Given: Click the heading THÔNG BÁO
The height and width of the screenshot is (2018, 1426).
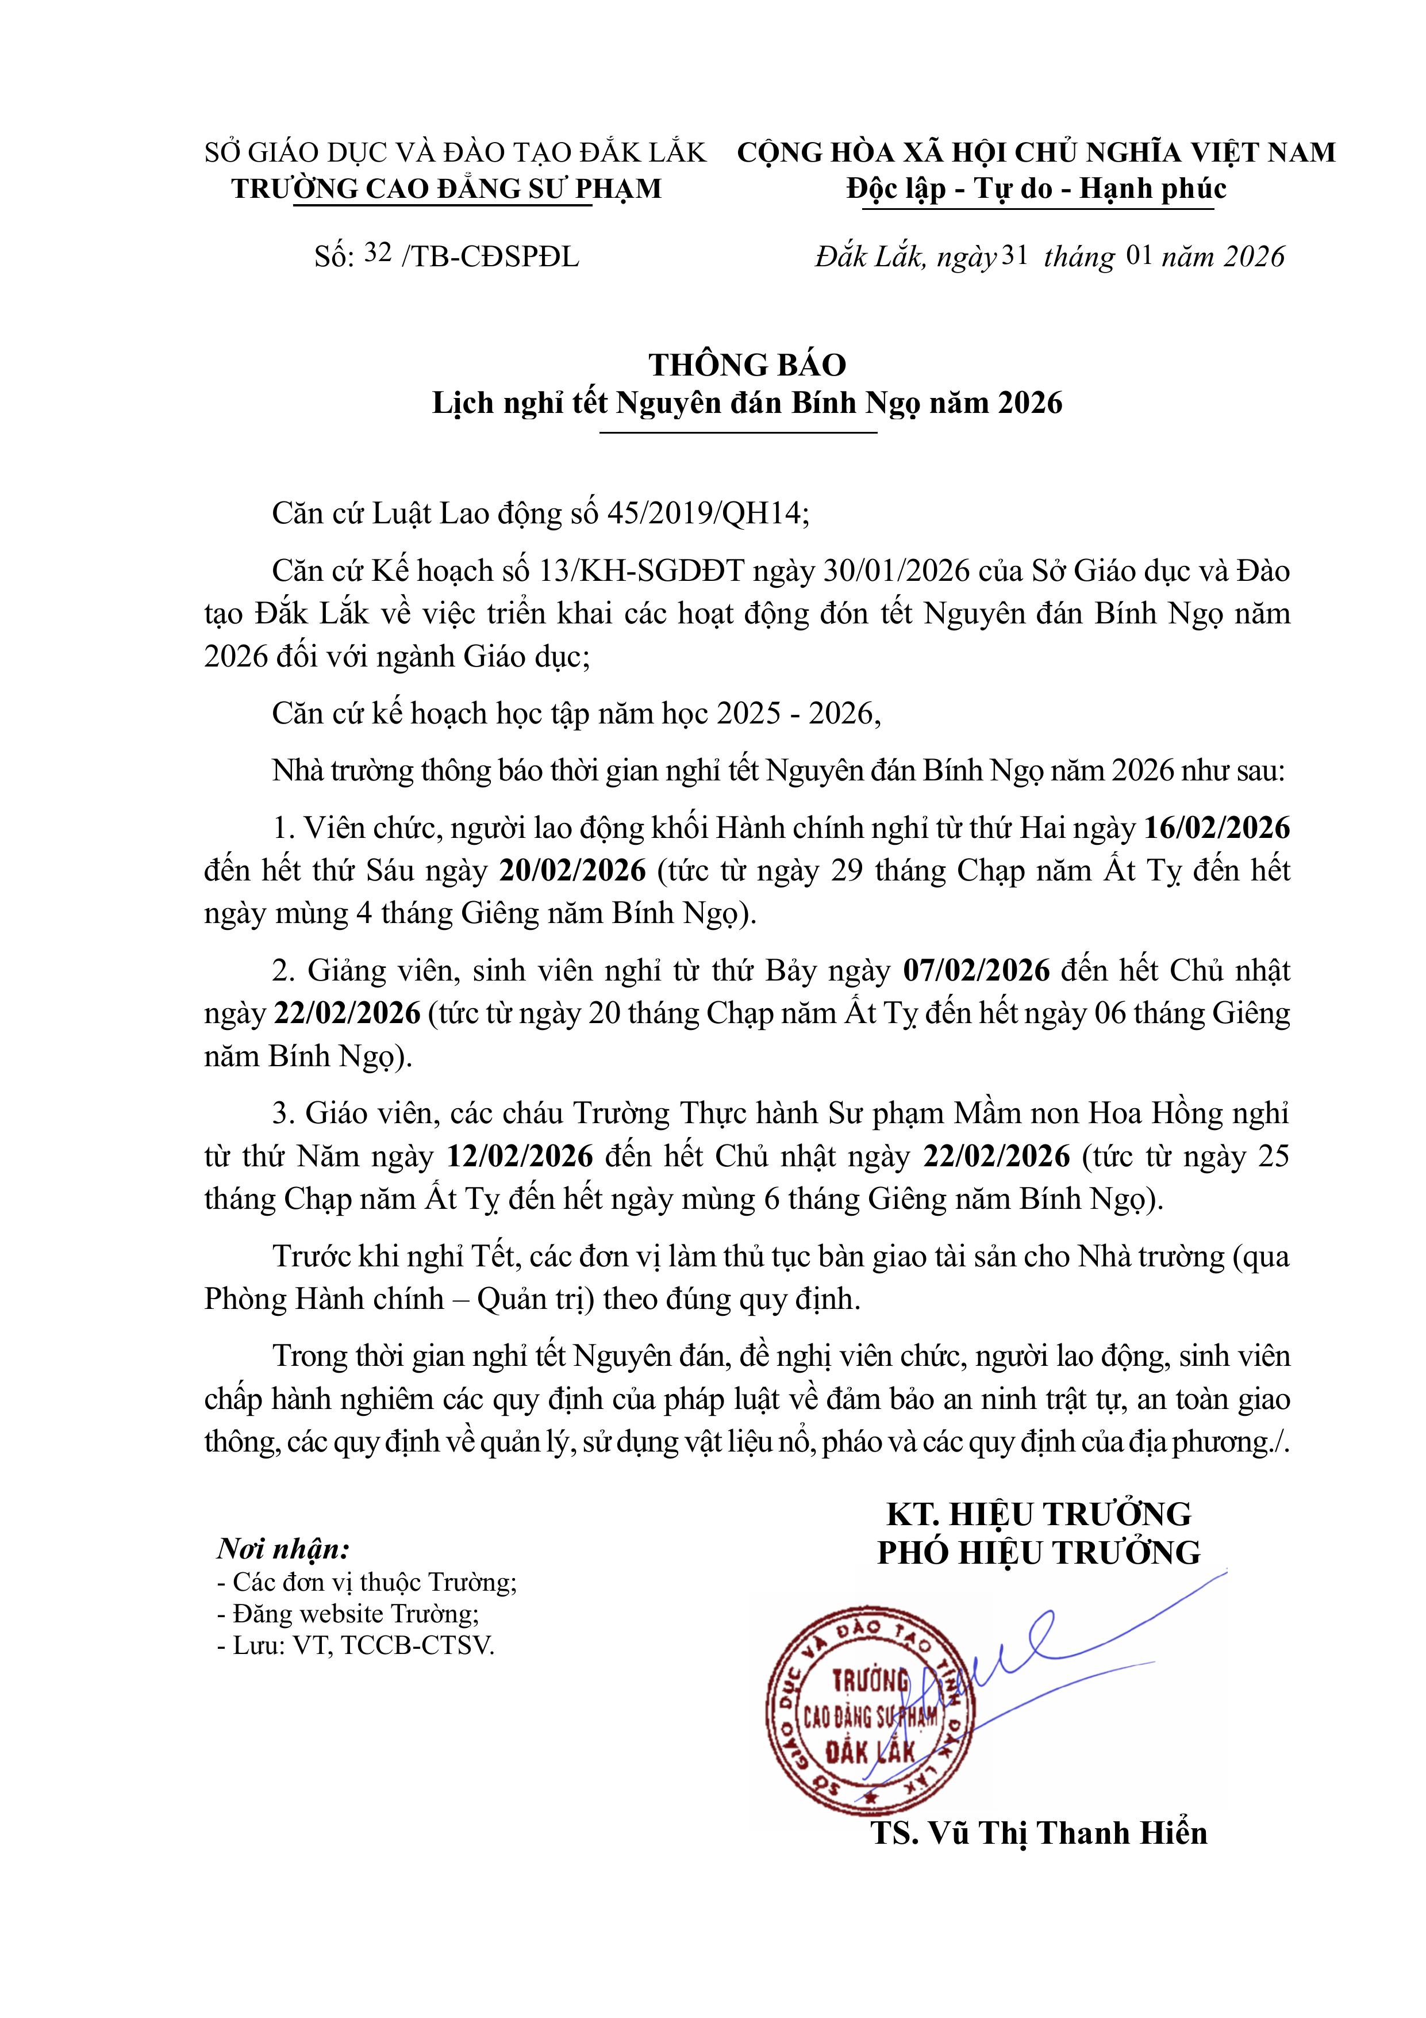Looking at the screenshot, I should pyautogui.click(x=747, y=365).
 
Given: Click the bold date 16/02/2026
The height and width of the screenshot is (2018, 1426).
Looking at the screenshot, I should pyautogui.click(x=1217, y=828).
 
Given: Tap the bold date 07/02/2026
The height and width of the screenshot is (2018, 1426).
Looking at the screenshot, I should pyautogui.click(x=976, y=970).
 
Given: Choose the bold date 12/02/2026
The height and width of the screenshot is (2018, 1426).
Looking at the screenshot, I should pyautogui.click(x=520, y=1156).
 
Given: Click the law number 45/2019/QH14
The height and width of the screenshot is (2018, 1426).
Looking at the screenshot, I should pyautogui.click(x=706, y=514).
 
